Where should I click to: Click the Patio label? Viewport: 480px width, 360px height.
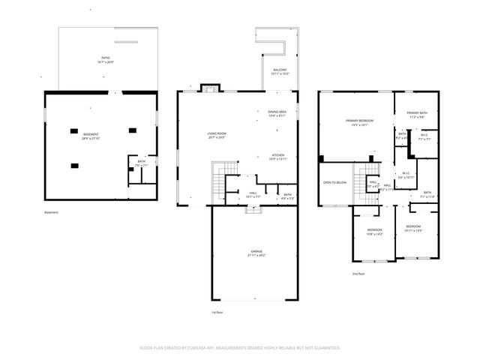106,58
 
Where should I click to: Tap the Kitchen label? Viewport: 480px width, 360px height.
278,157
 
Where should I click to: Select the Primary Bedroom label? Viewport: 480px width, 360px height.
360,122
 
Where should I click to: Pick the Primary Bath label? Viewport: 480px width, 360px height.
417,115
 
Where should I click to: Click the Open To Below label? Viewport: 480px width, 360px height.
334,182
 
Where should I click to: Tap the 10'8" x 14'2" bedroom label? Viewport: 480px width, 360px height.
374,232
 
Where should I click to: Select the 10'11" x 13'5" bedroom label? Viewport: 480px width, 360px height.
413,228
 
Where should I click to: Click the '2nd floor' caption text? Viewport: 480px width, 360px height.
358,274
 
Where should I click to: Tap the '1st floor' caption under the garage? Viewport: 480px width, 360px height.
217,311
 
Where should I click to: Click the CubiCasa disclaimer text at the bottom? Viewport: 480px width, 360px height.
240,348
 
